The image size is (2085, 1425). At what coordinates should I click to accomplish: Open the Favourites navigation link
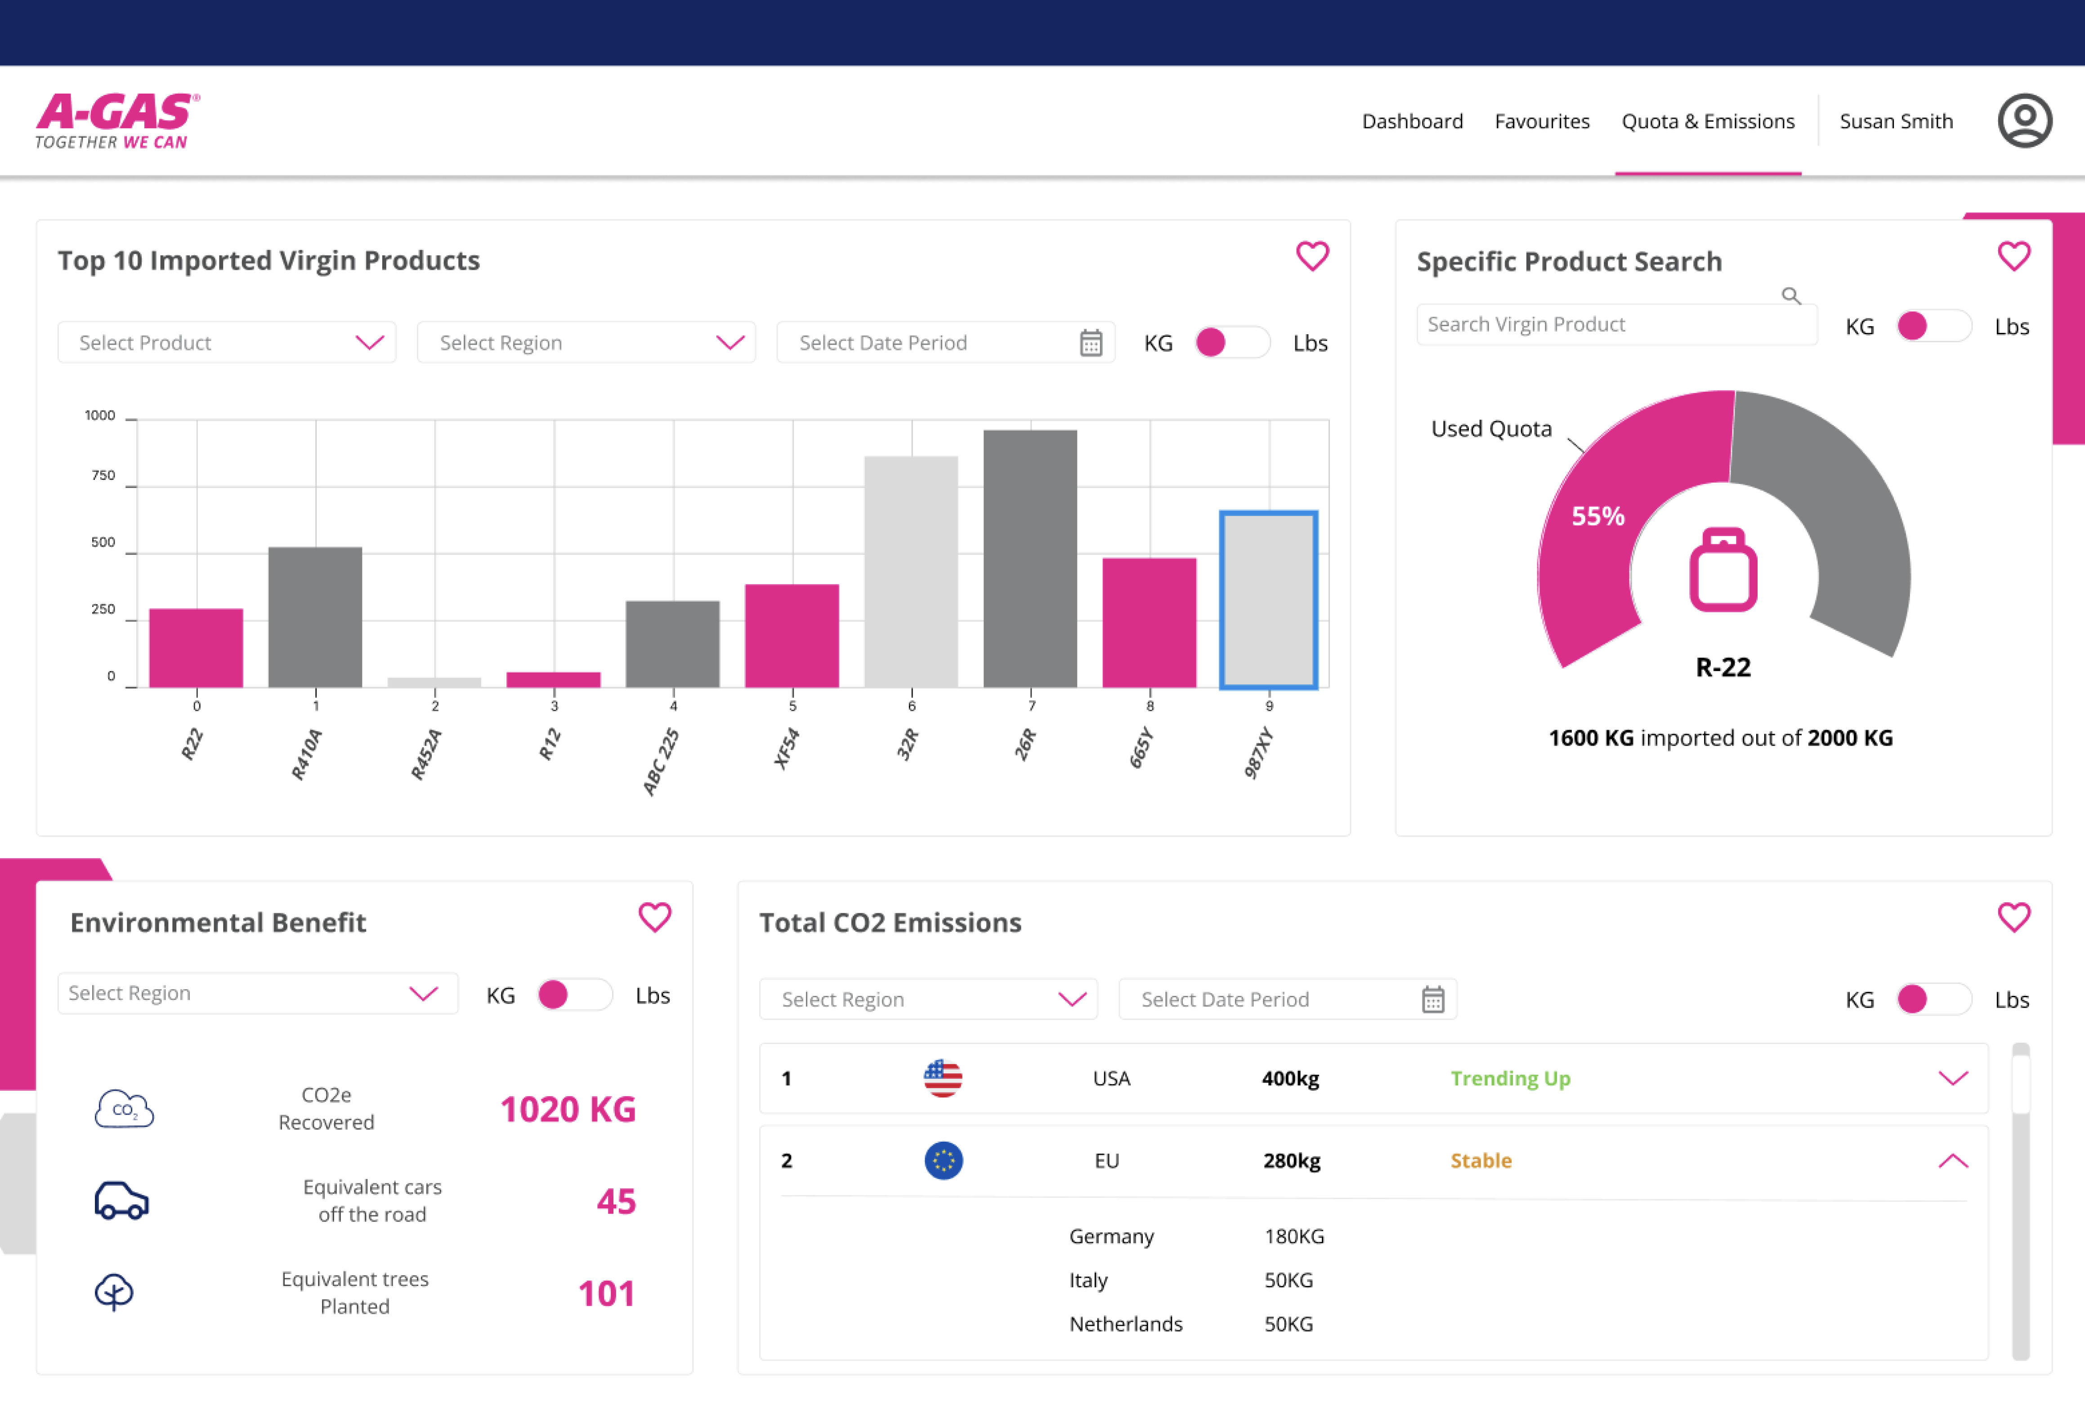[x=1541, y=121]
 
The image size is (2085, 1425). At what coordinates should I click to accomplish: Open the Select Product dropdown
[x=226, y=343]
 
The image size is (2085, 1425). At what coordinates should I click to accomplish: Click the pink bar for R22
[x=196, y=648]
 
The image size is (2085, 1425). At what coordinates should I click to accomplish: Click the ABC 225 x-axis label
[x=661, y=762]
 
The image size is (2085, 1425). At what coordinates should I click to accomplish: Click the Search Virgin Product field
[x=1606, y=325]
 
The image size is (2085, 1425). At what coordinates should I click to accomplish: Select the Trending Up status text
[x=1510, y=1079]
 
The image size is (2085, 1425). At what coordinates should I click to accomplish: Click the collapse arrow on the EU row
[x=1952, y=1161]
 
